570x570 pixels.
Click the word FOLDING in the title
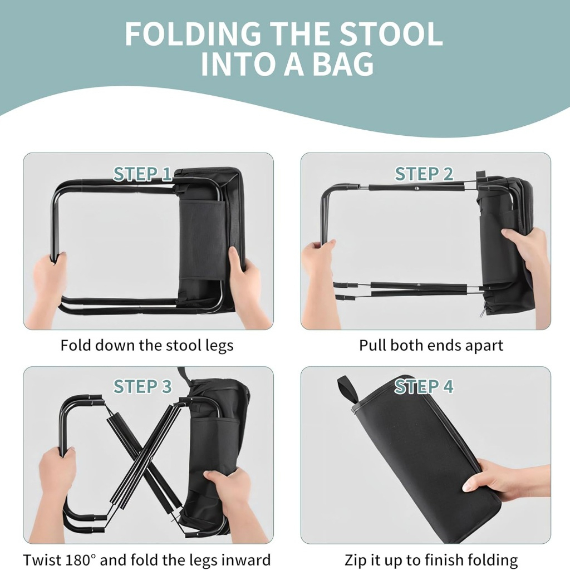tap(193, 34)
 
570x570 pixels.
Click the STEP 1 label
tap(142, 174)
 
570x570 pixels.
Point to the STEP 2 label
tap(424, 174)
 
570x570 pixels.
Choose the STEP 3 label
tap(142, 386)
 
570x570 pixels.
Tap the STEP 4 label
tap(424, 386)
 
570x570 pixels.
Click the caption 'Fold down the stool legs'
tap(147, 345)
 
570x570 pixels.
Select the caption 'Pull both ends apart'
tap(431, 345)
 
